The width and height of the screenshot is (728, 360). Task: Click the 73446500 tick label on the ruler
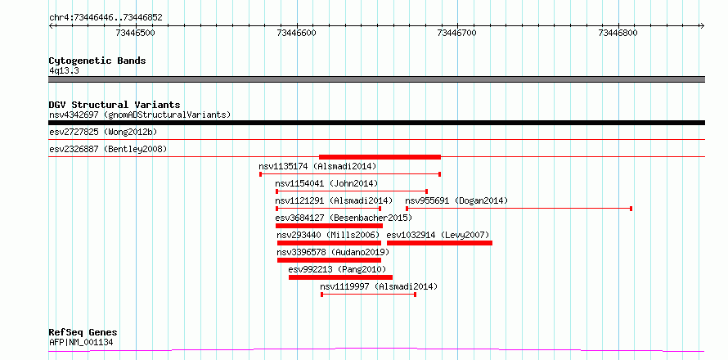click(136, 33)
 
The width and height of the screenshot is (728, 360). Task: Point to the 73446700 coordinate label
click(457, 33)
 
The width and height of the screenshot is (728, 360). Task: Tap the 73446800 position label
click(618, 33)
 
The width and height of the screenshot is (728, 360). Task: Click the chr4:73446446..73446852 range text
click(106, 18)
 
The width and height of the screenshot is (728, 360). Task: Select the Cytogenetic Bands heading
click(97, 61)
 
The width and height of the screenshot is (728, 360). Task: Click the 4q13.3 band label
click(65, 70)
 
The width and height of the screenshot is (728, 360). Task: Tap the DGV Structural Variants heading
click(115, 105)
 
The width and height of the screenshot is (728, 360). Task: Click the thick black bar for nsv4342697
click(376, 123)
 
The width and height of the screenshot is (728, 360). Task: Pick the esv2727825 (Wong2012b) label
click(103, 132)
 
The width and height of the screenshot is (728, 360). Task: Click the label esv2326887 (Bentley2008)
click(108, 149)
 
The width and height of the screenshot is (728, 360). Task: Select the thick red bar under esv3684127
click(329, 226)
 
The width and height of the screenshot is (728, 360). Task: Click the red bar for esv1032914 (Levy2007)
click(440, 243)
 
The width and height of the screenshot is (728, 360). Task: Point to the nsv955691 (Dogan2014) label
click(457, 200)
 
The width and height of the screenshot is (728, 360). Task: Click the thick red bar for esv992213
click(340, 277)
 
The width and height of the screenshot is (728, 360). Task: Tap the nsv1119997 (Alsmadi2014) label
click(379, 286)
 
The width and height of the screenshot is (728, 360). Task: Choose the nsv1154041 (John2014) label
click(326, 183)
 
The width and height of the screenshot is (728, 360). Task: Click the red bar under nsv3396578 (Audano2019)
click(329, 260)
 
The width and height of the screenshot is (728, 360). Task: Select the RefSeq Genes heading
click(83, 333)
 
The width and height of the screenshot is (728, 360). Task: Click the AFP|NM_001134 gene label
click(81, 343)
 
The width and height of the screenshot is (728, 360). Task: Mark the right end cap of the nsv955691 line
click(631, 209)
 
